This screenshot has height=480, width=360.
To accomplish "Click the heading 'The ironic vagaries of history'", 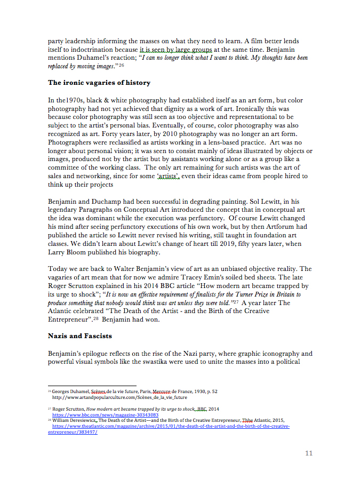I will (x=99, y=83).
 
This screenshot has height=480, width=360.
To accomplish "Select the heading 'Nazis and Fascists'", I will (x=79, y=336).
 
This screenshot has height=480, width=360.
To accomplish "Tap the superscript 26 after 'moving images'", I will (x=121, y=66).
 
